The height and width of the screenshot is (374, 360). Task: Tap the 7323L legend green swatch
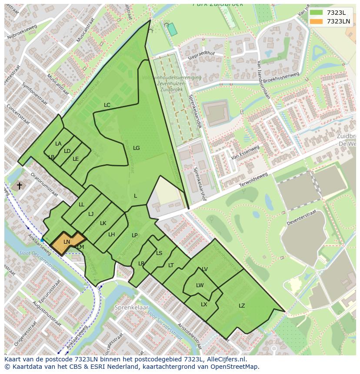tap(317, 13)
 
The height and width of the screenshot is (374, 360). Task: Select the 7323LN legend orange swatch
tap(317, 21)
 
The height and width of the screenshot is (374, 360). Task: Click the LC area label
tap(107, 105)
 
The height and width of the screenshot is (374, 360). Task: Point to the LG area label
tap(136, 148)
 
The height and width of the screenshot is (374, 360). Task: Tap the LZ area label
tap(242, 306)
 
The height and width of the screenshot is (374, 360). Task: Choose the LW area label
tap(200, 285)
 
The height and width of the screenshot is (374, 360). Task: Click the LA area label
tap(58, 144)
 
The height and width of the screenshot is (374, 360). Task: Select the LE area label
tap(76, 159)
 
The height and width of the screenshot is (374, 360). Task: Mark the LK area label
tap(103, 223)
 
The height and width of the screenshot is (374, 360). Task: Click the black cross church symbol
tap(19, 186)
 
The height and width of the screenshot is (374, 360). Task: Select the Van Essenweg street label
tap(245, 152)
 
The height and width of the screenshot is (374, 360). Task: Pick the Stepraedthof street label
tap(201, 55)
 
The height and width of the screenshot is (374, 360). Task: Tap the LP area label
tap(135, 235)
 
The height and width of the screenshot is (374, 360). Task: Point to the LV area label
tap(205, 269)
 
